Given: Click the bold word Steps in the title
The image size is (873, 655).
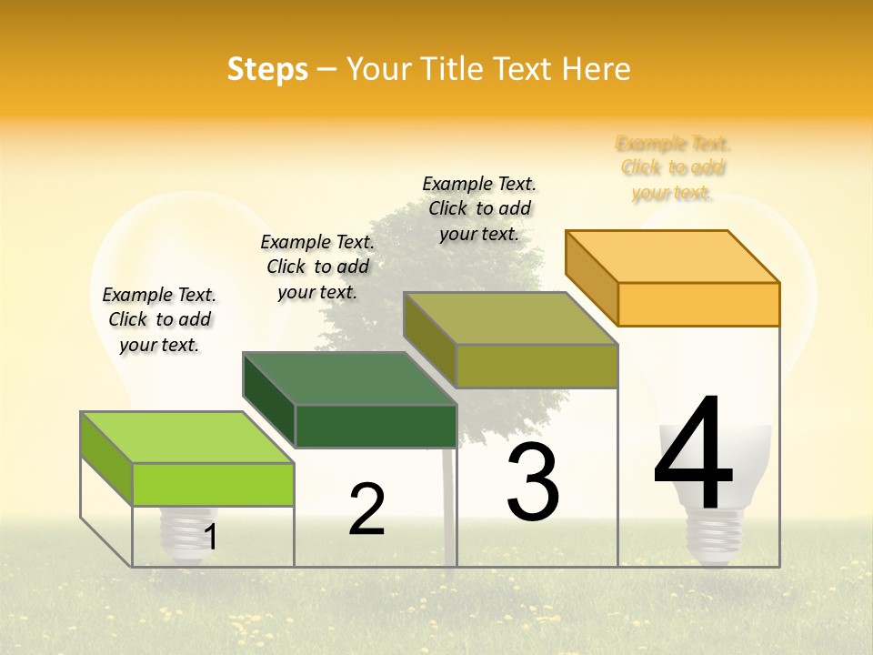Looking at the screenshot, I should pos(267,69).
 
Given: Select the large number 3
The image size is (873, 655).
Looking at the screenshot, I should pos(533,482).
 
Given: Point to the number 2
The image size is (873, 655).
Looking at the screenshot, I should pos(366,510).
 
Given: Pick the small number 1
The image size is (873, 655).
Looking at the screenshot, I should pos(210,538).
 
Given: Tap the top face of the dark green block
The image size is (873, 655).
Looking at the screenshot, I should pos(350,378).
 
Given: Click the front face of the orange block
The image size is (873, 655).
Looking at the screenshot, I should pos(698,304).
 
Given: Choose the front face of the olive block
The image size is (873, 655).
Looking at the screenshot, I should pos(537,366).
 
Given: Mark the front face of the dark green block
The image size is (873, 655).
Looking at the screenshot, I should pos(376,426).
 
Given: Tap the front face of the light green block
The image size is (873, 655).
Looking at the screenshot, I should pos(213,484).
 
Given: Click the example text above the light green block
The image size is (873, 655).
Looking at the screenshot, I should pos(159,319).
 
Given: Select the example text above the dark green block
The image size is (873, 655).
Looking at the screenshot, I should pos(317,267).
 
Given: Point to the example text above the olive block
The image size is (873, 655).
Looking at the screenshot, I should pos(479,208).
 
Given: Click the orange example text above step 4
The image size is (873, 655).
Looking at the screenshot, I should pos(673,167).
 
